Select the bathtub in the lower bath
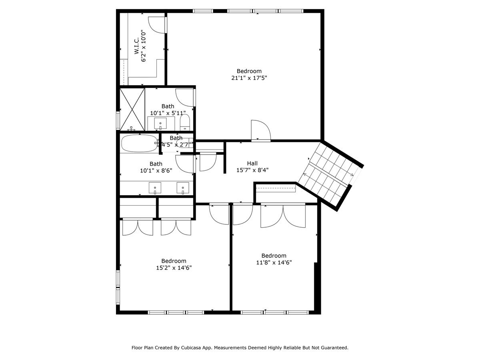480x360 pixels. coord(139,143)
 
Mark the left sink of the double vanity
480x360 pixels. coord(155,187)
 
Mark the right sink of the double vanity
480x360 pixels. coord(183,187)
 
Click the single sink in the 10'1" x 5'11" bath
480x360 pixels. coord(160,122)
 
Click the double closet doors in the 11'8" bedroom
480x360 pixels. coord(283,216)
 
